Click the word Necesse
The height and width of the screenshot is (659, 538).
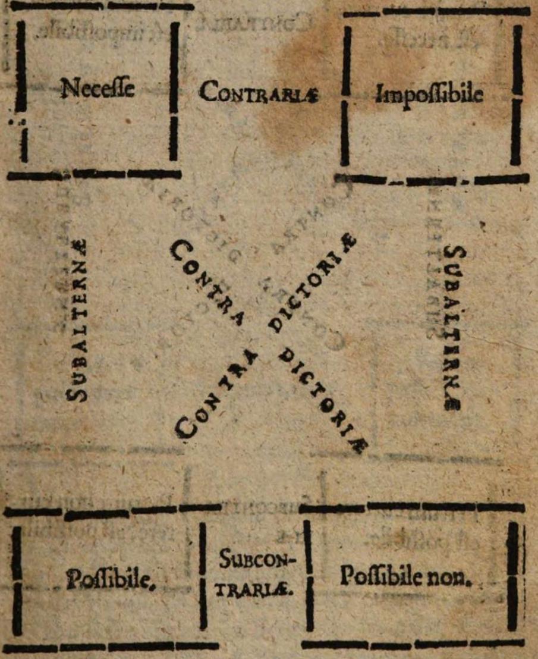coord(97,90)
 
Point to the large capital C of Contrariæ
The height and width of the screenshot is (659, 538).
coord(206,92)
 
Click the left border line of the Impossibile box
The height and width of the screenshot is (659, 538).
coord(345,95)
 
